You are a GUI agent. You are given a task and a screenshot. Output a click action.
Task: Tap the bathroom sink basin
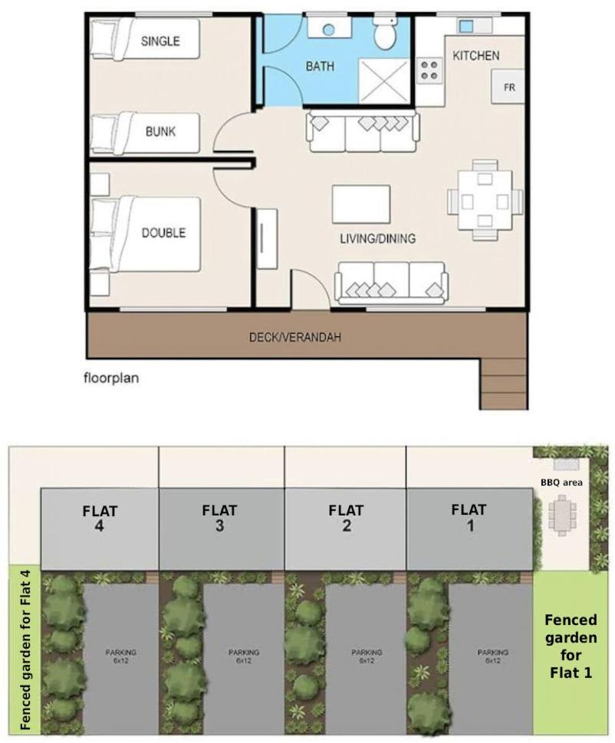point(328,29)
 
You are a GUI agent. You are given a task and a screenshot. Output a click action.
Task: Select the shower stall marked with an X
point(384,80)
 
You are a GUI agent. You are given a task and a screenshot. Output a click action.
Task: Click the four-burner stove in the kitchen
point(429,70)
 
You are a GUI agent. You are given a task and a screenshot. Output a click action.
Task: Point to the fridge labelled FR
point(508,87)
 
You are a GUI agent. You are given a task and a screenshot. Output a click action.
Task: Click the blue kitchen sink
point(466,26)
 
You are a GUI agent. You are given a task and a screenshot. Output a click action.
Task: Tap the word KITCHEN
point(475,55)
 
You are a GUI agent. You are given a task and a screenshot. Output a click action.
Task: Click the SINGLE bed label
point(160,41)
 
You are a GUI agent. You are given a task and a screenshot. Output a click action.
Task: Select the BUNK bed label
point(160,131)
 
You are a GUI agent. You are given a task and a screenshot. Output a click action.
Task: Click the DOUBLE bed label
point(163,233)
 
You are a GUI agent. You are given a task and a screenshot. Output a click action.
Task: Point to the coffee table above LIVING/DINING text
point(361,204)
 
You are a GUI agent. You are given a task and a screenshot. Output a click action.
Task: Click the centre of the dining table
point(485,200)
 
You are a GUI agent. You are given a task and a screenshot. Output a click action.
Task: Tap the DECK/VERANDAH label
point(295,337)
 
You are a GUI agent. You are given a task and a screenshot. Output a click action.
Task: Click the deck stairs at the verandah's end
point(504,384)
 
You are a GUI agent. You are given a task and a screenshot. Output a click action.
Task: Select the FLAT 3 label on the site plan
point(219,518)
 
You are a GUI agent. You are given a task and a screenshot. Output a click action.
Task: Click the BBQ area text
point(561,483)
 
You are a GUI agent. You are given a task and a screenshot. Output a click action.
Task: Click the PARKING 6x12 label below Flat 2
point(367,656)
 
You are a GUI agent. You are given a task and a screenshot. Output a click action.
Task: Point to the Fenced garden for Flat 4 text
point(25,650)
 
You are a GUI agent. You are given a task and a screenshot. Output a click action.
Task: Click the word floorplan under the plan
point(111,378)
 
